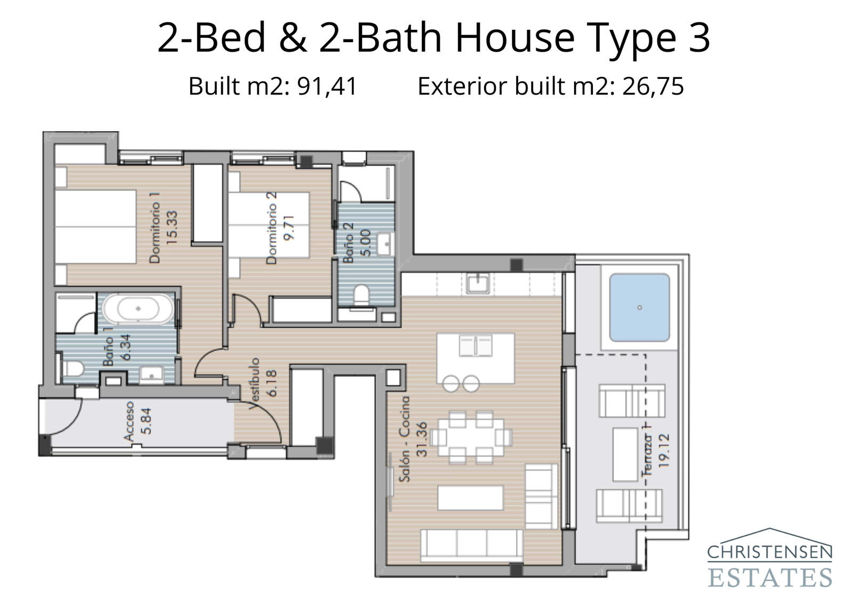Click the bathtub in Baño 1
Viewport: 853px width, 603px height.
click(138, 309)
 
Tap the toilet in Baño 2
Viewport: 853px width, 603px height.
click(362, 295)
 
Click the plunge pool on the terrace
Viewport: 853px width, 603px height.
click(639, 308)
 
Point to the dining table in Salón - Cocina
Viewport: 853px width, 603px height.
click(471, 437)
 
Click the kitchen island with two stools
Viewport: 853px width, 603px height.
click(476, 352)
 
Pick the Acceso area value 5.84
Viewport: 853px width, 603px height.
click(146, 421)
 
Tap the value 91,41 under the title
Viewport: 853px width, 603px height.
click(327, 86)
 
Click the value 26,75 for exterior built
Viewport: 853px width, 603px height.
click(653, 86)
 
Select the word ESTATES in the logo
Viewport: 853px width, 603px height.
click(769, 577)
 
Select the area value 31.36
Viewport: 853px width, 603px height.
click(422, 439)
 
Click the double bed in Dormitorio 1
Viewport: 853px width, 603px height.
click(96, 228)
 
